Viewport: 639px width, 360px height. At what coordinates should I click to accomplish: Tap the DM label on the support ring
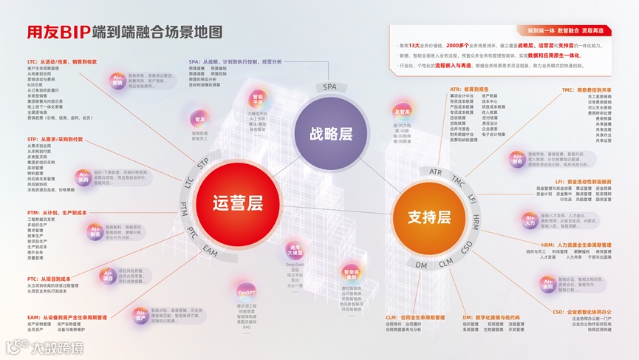coord(422,265)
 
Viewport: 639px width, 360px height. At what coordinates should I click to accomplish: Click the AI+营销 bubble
coord(117,80)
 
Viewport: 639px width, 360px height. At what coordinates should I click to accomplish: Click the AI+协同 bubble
coord(547,285)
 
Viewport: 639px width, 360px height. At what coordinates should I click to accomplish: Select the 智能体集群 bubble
coord(349,274)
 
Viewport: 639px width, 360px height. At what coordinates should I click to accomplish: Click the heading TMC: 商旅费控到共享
coord(587,90)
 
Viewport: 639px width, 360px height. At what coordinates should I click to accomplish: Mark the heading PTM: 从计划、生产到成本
coord(57,213)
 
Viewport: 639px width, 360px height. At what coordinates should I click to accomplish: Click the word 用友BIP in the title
coord(48,33)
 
